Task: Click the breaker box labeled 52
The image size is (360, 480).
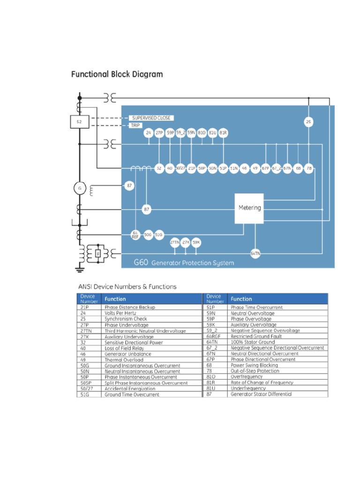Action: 79,122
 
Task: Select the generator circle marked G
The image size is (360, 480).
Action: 79,188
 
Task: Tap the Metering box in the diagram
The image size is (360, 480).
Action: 249,208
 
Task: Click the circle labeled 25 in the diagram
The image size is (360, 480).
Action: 308,122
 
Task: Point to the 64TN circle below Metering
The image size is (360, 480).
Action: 255,253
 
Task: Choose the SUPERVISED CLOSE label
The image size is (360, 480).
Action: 151,118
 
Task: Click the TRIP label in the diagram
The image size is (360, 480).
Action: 136,126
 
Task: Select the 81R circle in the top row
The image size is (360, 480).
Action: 223,133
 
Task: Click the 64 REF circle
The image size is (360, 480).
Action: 135,235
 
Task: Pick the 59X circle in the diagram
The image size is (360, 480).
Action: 196,242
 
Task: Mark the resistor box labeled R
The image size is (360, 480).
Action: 98,254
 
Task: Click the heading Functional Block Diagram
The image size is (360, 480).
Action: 117,74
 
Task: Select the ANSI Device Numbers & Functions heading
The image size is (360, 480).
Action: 127,286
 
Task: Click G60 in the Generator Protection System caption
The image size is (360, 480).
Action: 141,263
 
